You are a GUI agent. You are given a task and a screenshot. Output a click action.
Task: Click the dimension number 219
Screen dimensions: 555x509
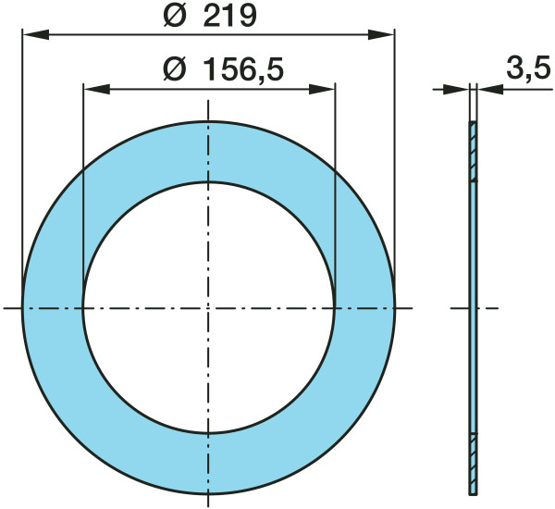point(230,16)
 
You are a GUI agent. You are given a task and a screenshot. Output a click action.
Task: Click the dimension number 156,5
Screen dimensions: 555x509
point(244,69)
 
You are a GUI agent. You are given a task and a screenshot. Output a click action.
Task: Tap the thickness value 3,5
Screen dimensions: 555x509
point(529,68)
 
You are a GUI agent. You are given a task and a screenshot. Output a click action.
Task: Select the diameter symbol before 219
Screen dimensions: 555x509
point(175,16)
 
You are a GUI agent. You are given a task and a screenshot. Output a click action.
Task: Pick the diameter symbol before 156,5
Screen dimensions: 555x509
point(175,69)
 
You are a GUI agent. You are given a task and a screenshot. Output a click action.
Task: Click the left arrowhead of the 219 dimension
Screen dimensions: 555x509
point(35,35)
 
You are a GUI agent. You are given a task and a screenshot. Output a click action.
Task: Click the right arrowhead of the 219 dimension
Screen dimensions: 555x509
point(381,35)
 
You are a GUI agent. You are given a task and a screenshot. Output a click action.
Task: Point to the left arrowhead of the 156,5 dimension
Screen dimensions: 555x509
point(96,89)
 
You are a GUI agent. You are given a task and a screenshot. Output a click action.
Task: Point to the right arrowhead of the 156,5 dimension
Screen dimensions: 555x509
point(322,89)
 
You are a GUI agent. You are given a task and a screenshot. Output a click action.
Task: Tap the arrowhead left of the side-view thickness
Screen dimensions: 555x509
point(457,89)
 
